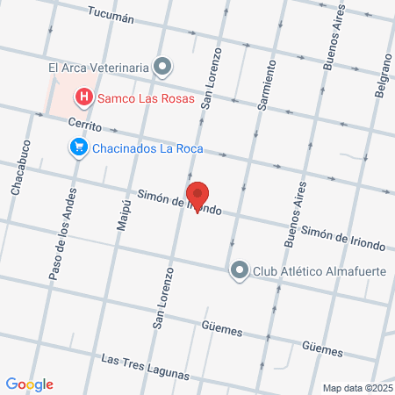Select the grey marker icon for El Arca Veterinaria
(x=162, y=66)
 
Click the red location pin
(x=197, y=197)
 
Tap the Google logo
(x=29, y=384)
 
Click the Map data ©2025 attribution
(x=357, y=387)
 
